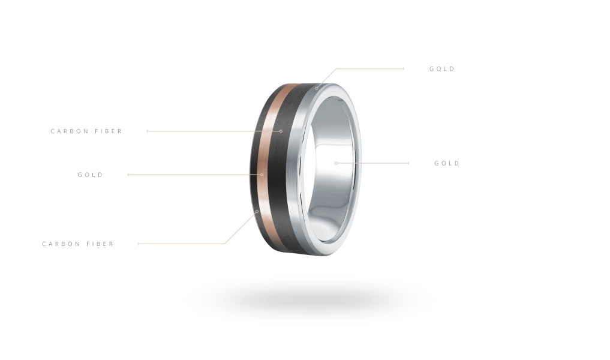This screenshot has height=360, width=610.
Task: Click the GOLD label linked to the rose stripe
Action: [x=90, y=175]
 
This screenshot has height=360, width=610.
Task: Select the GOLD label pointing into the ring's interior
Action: [x=447, y=163]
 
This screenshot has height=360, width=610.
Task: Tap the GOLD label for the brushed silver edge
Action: [x=442, y=69]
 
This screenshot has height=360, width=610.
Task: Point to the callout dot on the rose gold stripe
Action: [x=262, y=175]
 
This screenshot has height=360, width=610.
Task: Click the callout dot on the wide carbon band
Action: [x=281, y=131]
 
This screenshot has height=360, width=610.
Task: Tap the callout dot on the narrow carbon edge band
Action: [x=257, y=211]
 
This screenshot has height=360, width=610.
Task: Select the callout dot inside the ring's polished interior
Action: [x=336, y=163]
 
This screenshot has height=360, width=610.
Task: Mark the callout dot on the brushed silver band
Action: [x=317, y=88]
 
